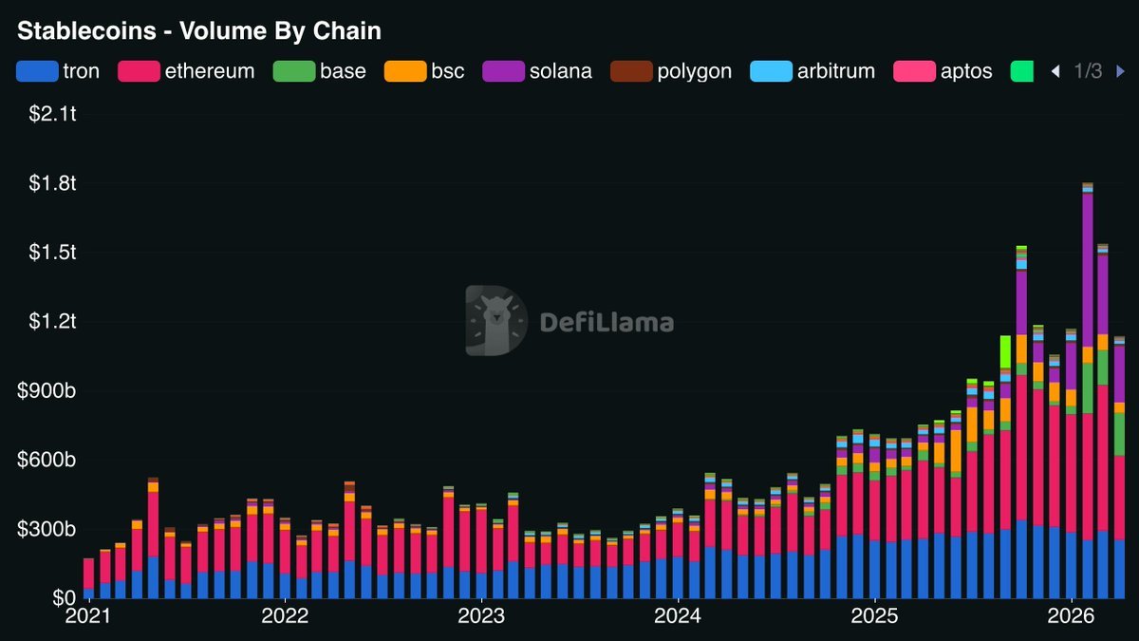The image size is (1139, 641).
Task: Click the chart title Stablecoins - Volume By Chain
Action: pos(199,31)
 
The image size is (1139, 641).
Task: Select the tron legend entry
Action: pos(59,71)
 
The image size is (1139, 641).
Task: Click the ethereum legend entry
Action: pos(186,71)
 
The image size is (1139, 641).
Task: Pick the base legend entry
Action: pos(320,71)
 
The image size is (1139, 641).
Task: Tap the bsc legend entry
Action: pos(424,71)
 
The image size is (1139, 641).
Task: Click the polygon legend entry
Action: pos(671,71)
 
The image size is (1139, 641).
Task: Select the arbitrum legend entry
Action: pos(812,71)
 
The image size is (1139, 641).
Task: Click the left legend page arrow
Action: pos(1055,71)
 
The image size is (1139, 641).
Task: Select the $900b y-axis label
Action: pos(47,391)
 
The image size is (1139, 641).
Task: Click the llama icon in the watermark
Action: pos(495,320)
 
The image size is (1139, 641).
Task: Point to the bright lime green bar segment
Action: pos(1005,351)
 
